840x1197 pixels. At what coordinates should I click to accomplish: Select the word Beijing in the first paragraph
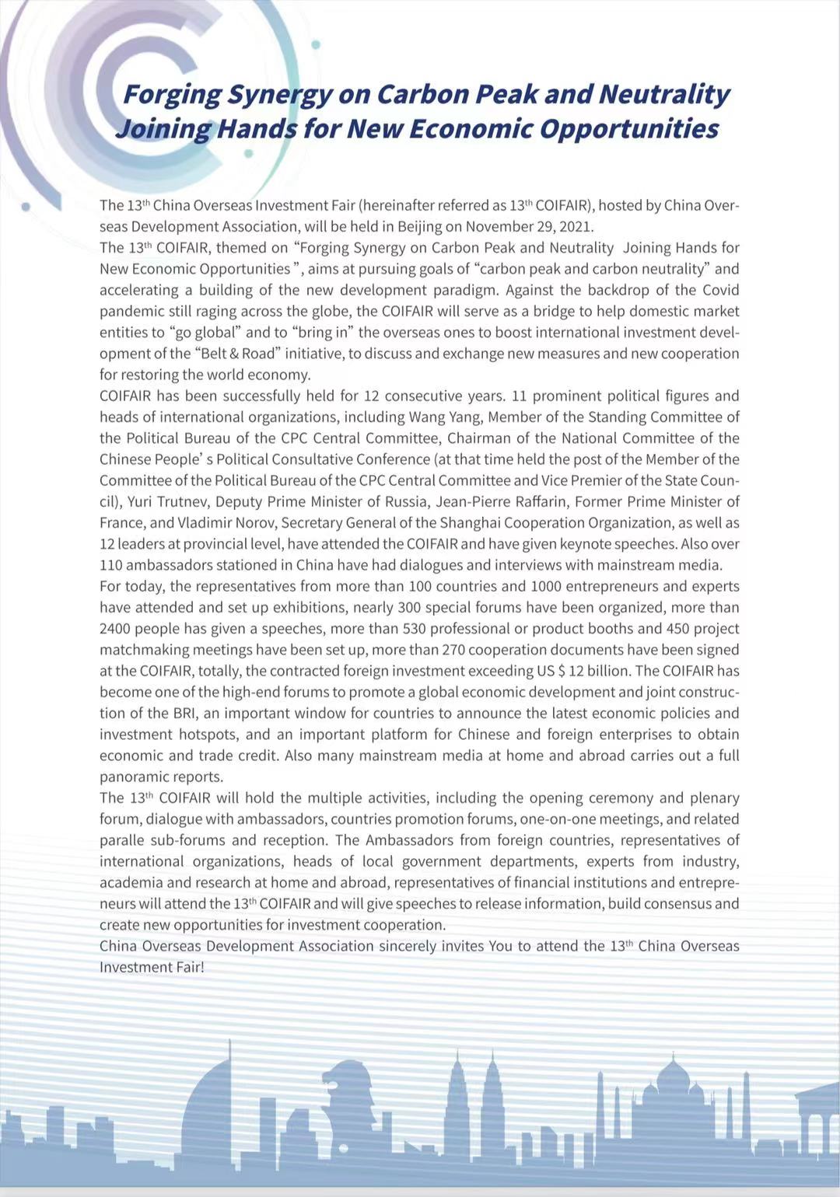[420, 227]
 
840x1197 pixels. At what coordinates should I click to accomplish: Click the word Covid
[721, 290]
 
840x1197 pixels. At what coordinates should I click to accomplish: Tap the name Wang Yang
[445, 417]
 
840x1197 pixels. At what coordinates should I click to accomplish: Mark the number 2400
[117, 629]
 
